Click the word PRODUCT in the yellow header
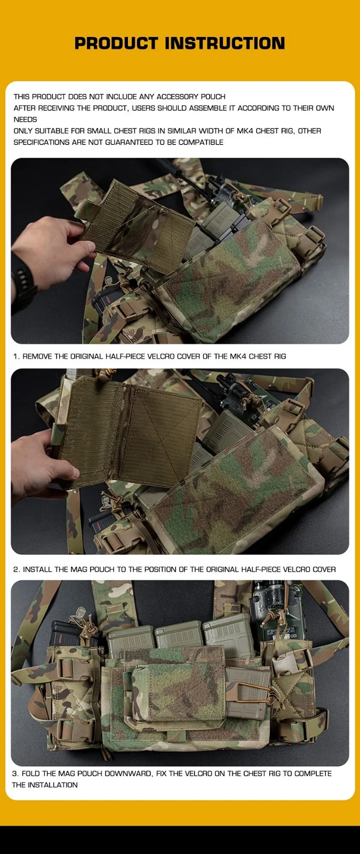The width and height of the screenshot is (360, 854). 116,43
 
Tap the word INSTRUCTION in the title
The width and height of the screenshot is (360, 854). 225,43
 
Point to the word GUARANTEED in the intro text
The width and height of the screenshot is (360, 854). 129,142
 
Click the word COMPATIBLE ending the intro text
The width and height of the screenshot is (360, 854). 201,142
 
